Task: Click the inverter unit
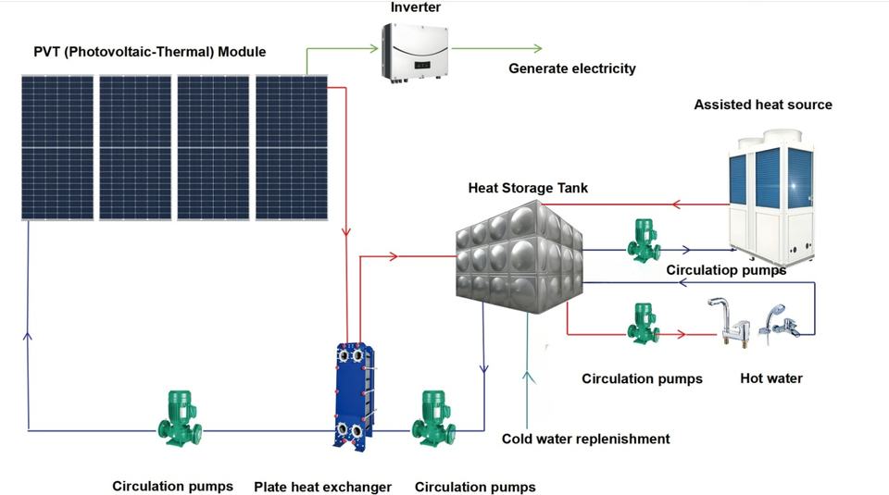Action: pos(416,52)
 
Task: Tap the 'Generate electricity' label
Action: pos(572,68)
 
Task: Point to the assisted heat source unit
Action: pos(772,198)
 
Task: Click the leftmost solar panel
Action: pos(57,147)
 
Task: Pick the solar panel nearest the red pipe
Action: pos(292,147)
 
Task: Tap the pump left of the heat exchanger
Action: pos(180,418)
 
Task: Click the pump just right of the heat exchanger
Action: pos(433,418)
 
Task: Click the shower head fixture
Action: pos(781,324)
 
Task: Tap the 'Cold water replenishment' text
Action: pos(585,439)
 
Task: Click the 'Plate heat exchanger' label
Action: pos(322,487)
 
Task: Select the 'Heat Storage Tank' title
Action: pos(528,188)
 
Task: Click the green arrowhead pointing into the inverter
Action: pos(373,48)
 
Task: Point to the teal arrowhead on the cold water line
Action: pos(529,377)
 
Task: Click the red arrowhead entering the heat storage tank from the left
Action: pos(393,256)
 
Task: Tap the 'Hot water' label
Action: pos(771,378)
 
